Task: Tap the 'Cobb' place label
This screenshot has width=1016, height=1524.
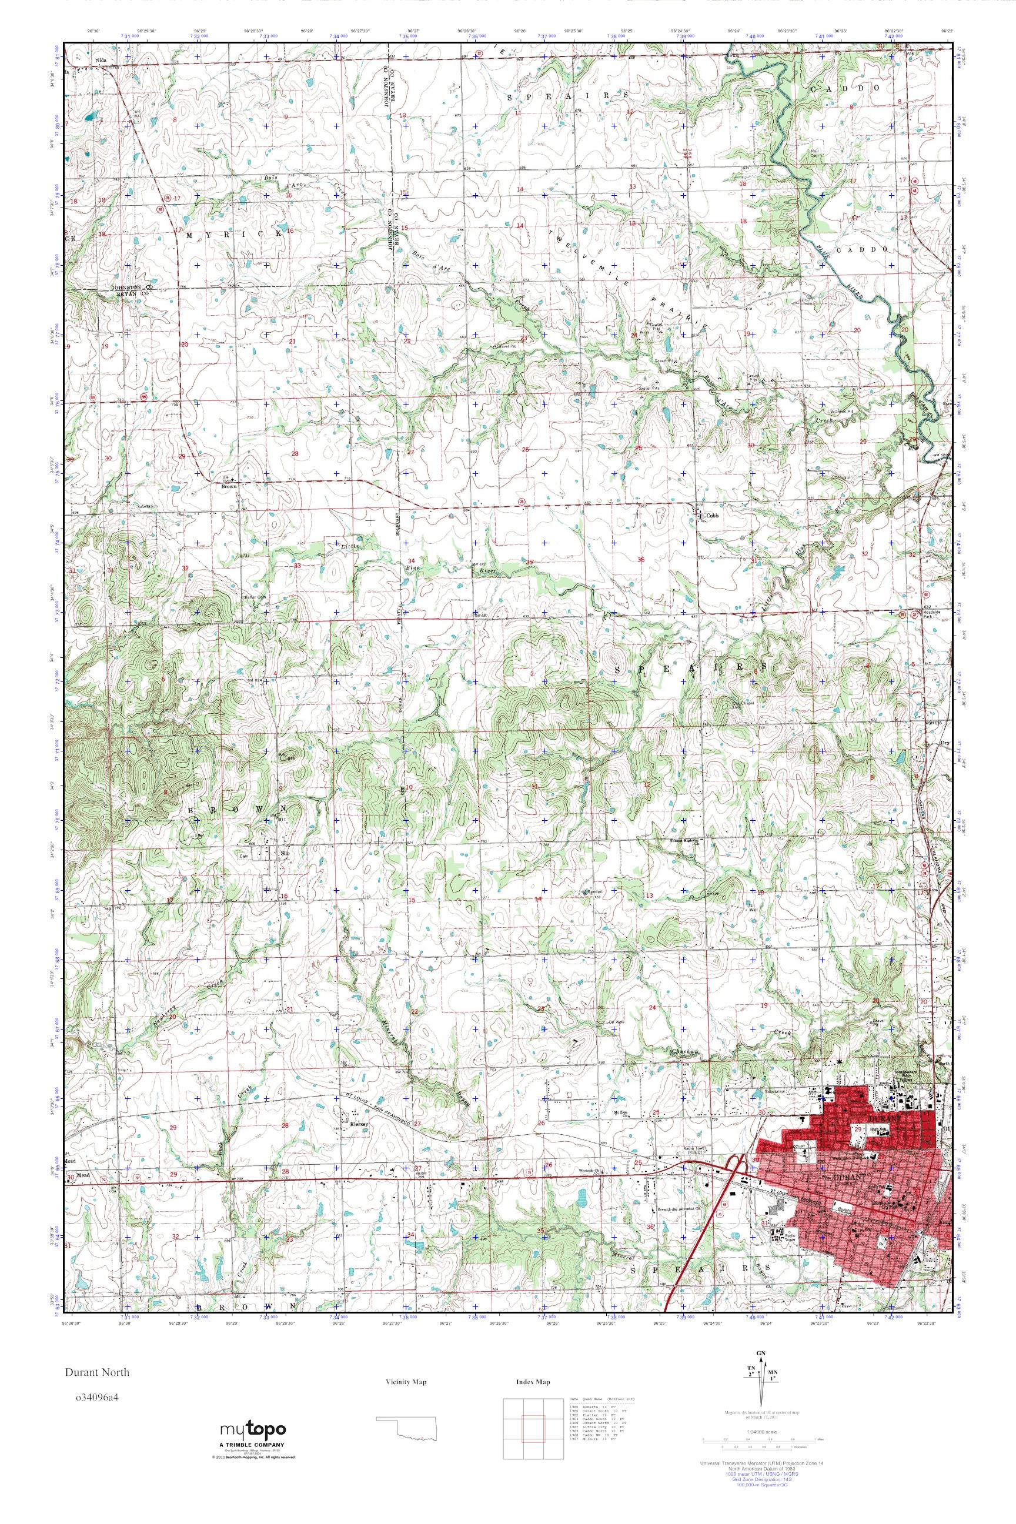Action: point(713,515)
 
